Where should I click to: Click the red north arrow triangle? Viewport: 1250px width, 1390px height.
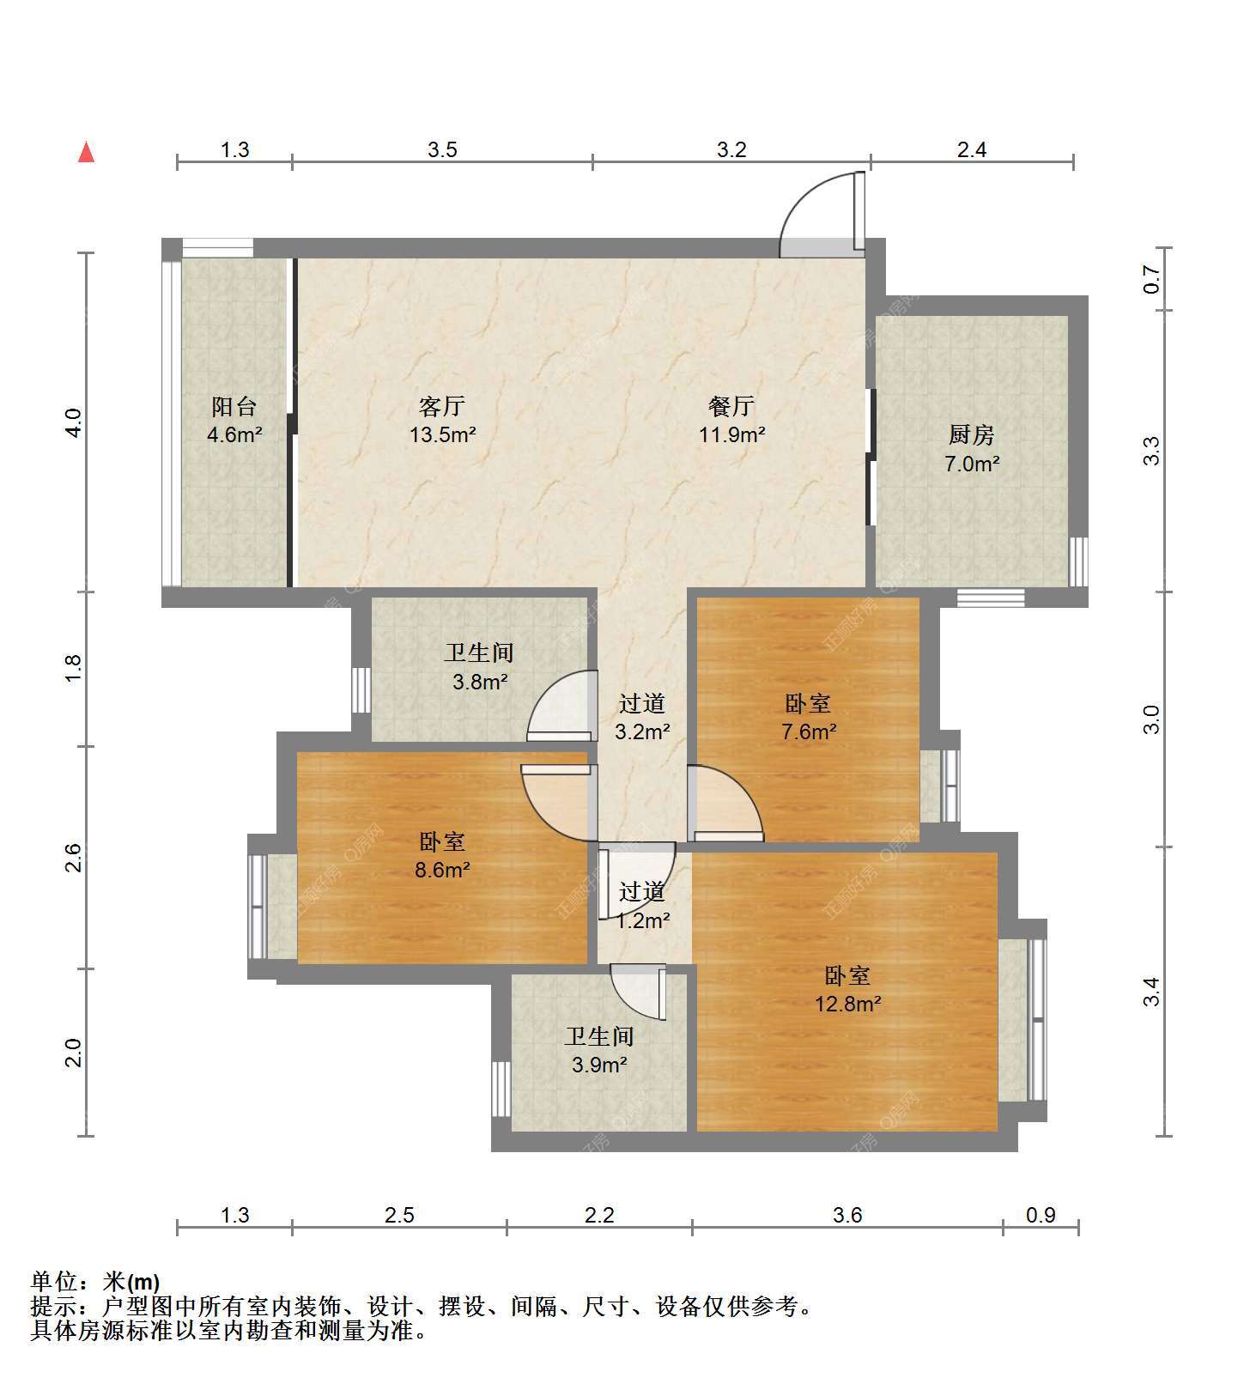point(86,152)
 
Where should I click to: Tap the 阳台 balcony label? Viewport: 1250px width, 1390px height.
point(234,406)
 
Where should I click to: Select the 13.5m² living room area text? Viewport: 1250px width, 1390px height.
point(443,434)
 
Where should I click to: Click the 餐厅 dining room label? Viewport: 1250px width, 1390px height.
point(731,406)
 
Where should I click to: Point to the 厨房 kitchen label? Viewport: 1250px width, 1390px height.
point(972,435)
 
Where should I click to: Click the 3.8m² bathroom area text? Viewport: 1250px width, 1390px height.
point(480,683)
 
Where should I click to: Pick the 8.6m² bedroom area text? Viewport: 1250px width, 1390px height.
point(442,871)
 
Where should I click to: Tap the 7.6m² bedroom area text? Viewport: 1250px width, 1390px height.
point(809,732)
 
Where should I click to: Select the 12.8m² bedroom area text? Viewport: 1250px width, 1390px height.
point(848,1004)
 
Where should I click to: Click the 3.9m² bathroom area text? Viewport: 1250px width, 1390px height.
point(599,1065)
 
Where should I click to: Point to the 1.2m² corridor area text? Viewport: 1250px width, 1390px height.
point(643,921)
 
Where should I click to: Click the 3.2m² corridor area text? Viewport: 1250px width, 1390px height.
point(642,732)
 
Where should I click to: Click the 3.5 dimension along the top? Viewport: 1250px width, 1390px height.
point(442,150)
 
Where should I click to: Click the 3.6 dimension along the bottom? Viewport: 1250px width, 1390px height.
point(847,1215)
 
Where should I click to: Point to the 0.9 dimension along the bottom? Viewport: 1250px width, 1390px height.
point(1041,1215)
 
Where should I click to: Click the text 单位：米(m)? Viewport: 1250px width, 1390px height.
point(95,1282)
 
